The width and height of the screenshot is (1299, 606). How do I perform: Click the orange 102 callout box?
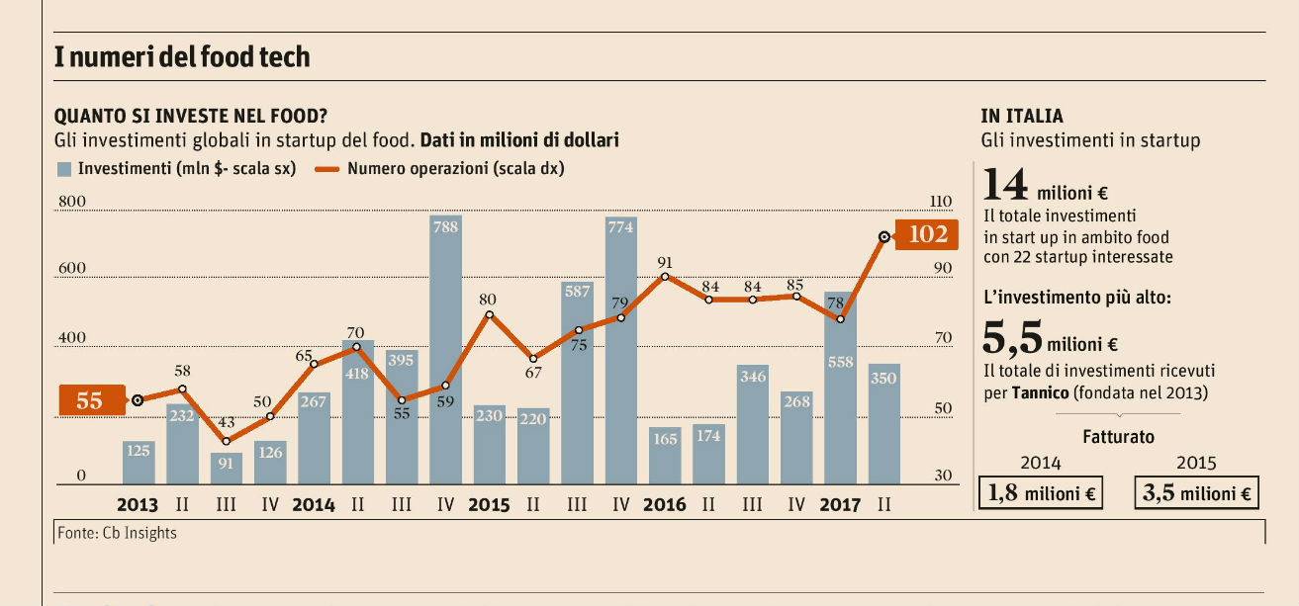pos(926,234)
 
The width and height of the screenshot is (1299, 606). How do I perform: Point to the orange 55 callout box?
pos(90,400)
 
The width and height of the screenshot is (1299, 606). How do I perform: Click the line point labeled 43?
pos(226,441)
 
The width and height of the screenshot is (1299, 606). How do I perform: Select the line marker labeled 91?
pos(665,277)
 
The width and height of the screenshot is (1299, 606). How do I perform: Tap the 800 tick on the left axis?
pos(75,202)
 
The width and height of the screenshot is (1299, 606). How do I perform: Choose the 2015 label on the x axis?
pos(489,505)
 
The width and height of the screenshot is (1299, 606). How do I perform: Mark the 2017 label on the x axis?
pos(840,505)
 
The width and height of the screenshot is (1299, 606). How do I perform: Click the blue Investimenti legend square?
pos(64,169)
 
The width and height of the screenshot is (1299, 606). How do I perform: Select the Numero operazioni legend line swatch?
pos(325,169)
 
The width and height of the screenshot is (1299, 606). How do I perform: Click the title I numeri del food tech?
pos(182,57)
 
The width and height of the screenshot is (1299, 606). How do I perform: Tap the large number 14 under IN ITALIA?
pos(1004,188)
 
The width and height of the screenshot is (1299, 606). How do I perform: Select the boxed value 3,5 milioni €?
pos(1196,493)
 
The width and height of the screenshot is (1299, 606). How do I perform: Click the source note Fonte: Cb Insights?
pos(117,533)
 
